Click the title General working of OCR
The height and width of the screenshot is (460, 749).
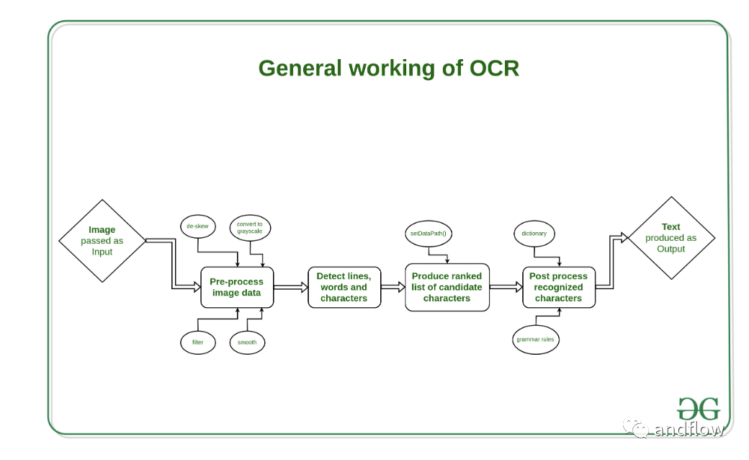[388, 68]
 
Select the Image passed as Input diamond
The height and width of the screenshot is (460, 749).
[102, 241]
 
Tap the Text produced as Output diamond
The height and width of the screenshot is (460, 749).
[671, 238]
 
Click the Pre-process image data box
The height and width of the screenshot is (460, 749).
[237, 288]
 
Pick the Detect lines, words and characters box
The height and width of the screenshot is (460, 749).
[344, 288]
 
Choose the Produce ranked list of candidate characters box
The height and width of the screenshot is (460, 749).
[447, 288]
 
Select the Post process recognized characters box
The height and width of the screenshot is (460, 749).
[558, 288]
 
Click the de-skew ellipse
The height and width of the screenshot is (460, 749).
[198, 226]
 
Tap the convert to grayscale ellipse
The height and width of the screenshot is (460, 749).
[250, 228]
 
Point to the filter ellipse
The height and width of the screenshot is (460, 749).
[198, 342]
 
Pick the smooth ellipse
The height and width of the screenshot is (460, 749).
[247, 342]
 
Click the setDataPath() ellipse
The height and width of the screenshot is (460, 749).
[428, 234]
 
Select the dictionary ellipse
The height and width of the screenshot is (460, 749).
[534, 234]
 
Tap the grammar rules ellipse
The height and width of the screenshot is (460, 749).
[536, 340]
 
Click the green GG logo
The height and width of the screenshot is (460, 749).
[699, 409]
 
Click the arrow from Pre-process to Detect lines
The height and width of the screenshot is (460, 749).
[291, 288]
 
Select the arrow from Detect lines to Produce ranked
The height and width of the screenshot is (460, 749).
[393, 288]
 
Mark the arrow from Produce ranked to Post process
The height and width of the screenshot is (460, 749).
[506, 288]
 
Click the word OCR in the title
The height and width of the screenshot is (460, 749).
[494, 68]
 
